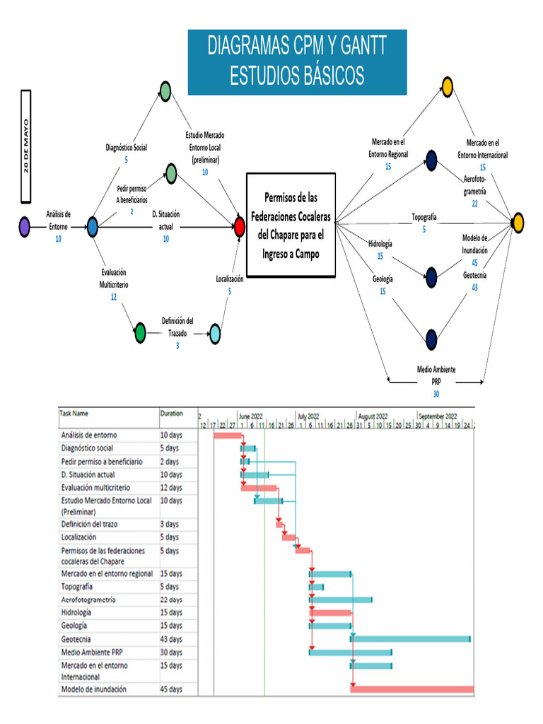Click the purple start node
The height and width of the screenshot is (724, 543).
(24, 226)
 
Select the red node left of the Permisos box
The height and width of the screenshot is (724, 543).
(240, 226)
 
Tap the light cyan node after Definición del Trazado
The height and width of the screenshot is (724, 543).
(215, 332)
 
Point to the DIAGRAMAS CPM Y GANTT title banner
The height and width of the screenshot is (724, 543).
(297, 62)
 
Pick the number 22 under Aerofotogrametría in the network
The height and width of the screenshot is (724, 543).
(475, 204)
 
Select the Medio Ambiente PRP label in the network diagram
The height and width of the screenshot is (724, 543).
(436, 375)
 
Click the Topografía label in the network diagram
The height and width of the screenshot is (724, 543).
(424, 216)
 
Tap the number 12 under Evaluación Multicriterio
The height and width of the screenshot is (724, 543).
(113, 297)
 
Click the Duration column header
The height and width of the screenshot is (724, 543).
(172, 414)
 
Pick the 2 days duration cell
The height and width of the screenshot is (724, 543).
(170, 461)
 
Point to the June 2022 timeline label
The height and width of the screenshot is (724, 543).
(252, 416)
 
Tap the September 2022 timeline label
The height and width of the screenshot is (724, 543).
(437, 416)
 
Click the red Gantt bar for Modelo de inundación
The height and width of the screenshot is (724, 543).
(411, 689)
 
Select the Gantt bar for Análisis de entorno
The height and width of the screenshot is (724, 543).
(228, 435)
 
